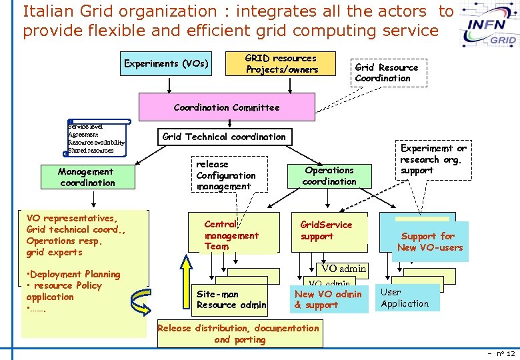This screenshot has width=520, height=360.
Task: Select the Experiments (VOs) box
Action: (x=167, y=64)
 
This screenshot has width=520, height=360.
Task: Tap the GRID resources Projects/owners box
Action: (x=281, y=64)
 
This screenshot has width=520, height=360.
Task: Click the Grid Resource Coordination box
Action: (x=387, y=73)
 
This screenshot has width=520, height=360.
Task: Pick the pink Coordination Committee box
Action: (x=227, y=107)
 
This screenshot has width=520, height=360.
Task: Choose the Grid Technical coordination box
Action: (x=224, y=137)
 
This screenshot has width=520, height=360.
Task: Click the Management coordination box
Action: (x=87, y=177)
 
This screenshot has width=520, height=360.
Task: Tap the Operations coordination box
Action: (x=329, y=176)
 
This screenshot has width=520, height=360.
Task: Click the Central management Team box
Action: (x=231, y=235)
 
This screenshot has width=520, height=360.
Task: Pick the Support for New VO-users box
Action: (x=428, y=241)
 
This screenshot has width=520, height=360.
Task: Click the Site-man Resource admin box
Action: (x=231, y=299)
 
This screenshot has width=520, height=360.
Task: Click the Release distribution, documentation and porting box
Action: (x=239, y=333)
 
